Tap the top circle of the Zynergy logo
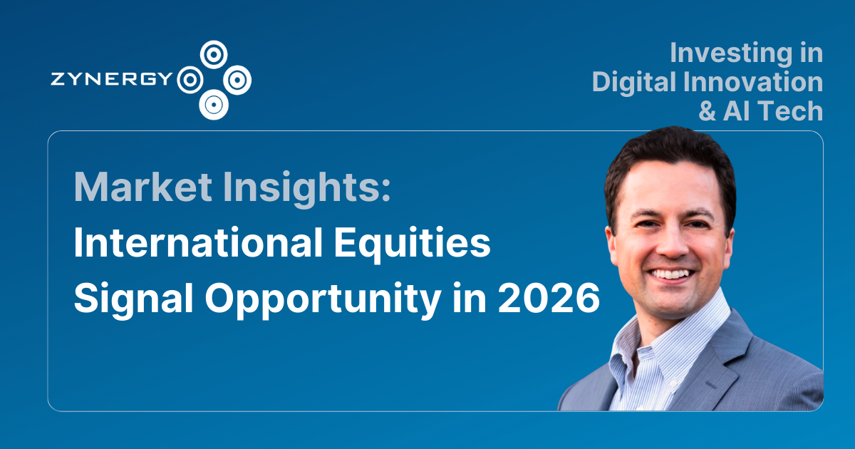click(x=213, y=53)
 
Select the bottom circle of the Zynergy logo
click(x=212, y=105)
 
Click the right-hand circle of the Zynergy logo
click(x=237, y=79)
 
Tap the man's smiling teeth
click(x=670, y=273)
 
